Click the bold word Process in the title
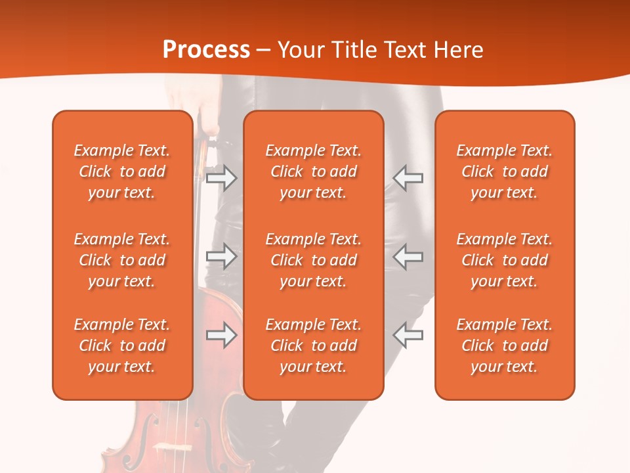206,50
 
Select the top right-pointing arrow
221,178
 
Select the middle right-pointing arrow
221,256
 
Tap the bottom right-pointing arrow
221,335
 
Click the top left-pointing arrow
408,178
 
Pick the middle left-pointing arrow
408,256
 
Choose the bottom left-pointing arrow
408,335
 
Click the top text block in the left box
122,171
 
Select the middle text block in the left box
122,260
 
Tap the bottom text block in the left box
122,346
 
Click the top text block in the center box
314,171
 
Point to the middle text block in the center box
314,260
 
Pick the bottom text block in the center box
314,346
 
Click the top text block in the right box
505,171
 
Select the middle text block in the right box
505,260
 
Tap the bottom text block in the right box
505,346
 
